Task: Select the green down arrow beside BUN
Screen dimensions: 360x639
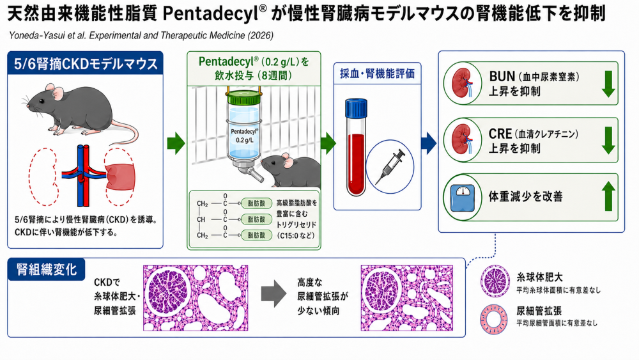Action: click(608, 83)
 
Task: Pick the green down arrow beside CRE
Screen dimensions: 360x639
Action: click(608, 139)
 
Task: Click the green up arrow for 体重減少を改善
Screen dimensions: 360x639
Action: click(608, 196)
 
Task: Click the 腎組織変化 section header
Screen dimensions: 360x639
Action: click(46, 269)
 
